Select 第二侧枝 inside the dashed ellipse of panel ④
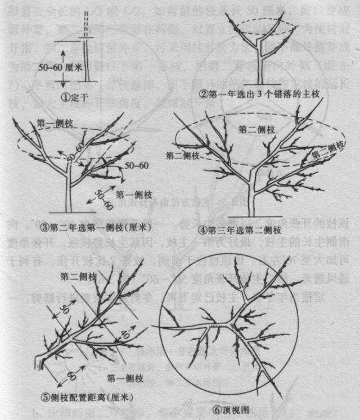tap(256, 130)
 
